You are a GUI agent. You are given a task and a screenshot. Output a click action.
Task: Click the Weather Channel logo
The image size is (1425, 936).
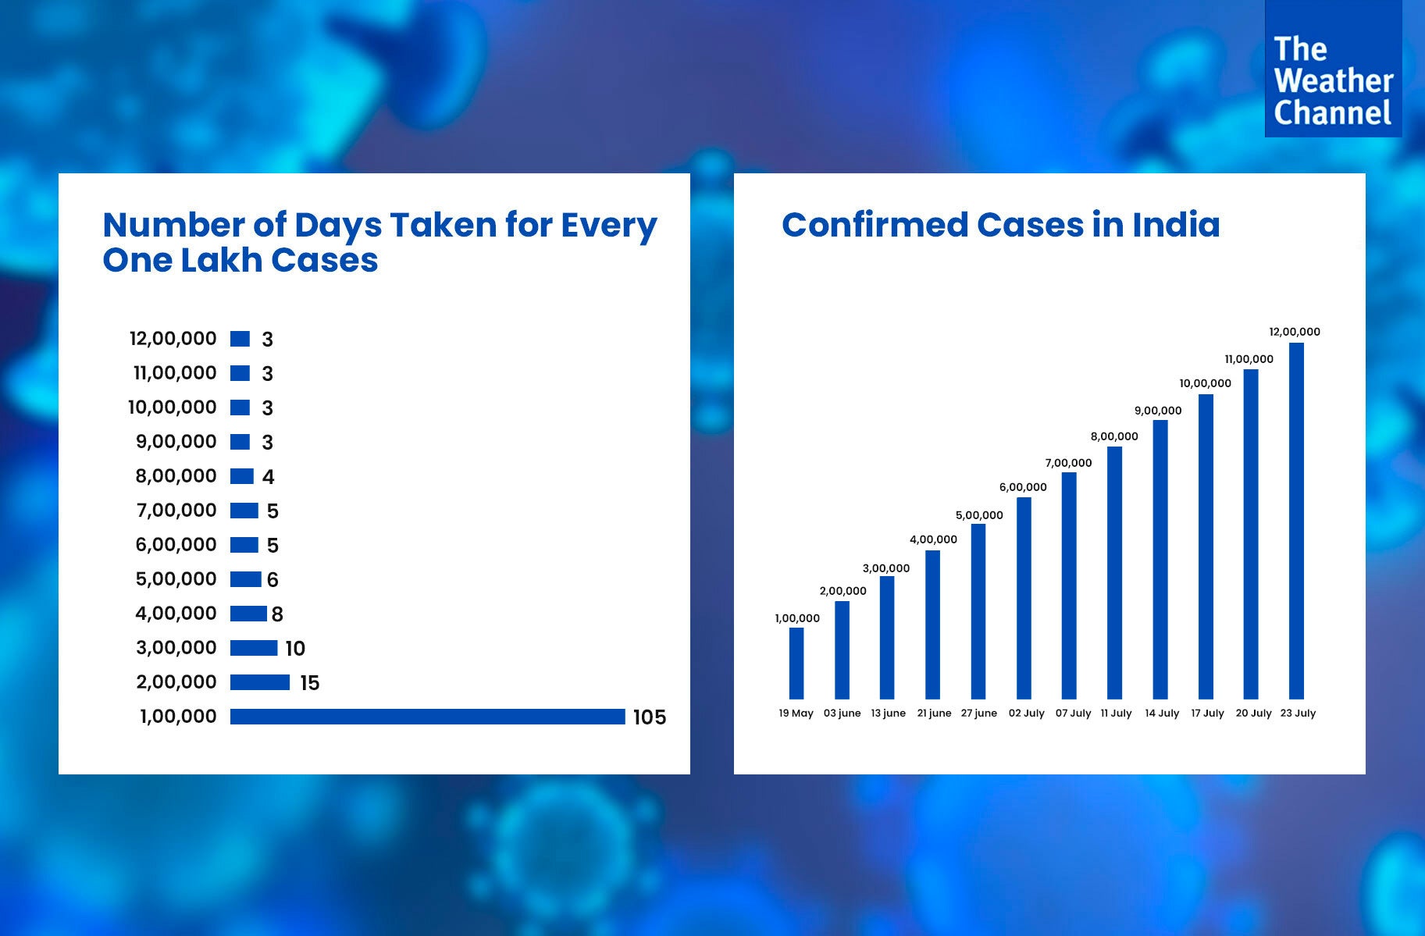pyautogui.click(x=1332, y=69)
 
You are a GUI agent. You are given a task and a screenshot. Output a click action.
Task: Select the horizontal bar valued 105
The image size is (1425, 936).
pyautogui.click(x=427, y=717)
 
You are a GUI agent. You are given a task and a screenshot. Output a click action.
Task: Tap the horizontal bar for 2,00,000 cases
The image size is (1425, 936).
pyautogui.click(x=260, y=682)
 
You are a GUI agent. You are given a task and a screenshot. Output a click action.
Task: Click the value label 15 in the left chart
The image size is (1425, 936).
pyautogui.click(x=310, y=683)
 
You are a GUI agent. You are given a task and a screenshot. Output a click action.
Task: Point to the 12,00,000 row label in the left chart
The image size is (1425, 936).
pyautogui.click(x=173, y=339)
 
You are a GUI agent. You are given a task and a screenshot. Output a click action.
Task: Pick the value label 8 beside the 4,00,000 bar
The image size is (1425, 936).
pyautogui.click(x=277, y=614)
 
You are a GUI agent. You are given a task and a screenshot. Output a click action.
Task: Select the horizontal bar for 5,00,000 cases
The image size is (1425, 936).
pyautogui.click(x=246, y=579)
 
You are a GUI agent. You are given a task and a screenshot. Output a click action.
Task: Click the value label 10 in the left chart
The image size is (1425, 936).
pyautogui.click(x=295, y=649)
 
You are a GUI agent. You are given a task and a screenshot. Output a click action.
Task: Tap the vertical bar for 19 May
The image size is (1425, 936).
pyautogui.click(x=796, y=663)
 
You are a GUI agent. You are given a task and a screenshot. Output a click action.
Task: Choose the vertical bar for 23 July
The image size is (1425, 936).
pyautogui.click(x=1296, y=521)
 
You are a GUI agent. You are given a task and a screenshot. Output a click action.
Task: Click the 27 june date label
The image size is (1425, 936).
pyautogui.click(x=979, y=714)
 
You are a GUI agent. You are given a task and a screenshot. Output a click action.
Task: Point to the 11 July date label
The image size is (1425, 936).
pyautogui.click(x=1116, y=714)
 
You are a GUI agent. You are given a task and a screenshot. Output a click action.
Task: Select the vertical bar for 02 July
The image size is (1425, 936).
pyautogui.click(x=1024, y=598)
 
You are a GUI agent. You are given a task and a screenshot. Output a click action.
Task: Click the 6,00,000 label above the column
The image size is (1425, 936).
pyautogui.click(x=1023, y=487)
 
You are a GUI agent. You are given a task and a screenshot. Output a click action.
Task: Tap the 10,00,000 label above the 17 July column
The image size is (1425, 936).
pyautogui.click(x=1205, y=383)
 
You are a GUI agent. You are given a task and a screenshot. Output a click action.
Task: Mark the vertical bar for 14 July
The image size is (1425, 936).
pyautogui.click(x=1160, y=559)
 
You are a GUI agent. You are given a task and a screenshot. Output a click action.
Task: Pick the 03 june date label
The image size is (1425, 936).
pyautogui.click(x=842, y=714)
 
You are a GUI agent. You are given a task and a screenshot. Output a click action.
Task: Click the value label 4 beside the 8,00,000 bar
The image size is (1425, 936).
pyautogui.click(x=269, y=477)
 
